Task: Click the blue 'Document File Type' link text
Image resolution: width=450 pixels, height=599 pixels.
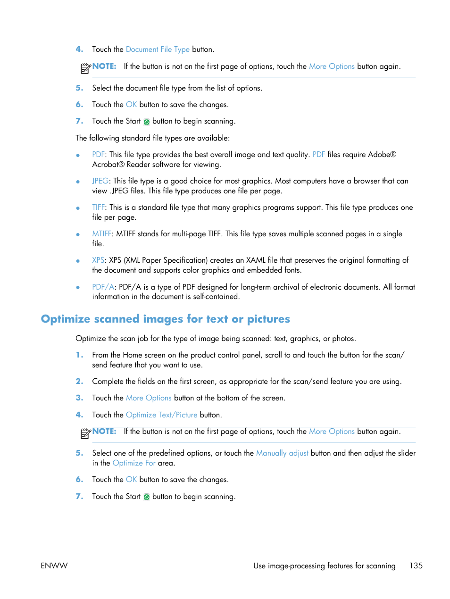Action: (x=158, y=50)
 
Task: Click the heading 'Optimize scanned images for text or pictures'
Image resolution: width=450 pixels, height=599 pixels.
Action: (x=165, y=319)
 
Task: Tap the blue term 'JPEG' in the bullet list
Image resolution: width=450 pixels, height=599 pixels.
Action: (x=100, y=181)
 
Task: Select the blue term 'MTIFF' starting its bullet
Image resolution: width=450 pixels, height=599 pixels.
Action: (x=101, y=234)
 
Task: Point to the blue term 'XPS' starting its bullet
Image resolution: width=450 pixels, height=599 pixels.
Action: (x=98, y=260)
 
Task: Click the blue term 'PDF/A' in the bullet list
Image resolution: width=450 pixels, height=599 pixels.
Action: (x=103, y=287)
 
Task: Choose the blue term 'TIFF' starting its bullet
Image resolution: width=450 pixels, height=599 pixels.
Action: (x=98, y=208)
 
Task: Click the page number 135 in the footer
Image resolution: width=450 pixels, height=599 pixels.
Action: (x=416, y=566)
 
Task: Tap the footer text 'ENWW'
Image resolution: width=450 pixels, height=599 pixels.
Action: (x=54, y=566)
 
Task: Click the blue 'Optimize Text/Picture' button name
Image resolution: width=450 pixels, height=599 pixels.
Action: (x=161, y=415)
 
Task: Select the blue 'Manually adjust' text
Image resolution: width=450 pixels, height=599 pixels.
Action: (x=282, y=453)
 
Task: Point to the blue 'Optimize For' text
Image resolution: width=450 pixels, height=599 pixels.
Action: (x=134, y=463)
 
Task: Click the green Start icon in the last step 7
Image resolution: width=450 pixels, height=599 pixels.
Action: (x=147, y=497)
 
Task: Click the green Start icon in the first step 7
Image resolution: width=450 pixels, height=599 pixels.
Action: (x=147, y=122)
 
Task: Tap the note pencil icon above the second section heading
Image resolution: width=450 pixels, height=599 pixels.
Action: (x=85, y=69)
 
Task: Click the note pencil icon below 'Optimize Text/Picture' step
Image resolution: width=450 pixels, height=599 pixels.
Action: (x=85, y=433)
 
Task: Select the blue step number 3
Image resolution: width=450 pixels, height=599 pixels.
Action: (x=79, y=398)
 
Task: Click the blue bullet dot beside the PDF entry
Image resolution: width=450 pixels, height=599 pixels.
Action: (x=78, y=155)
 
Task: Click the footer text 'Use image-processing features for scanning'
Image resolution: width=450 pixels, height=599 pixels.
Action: (x=324, y=566)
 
